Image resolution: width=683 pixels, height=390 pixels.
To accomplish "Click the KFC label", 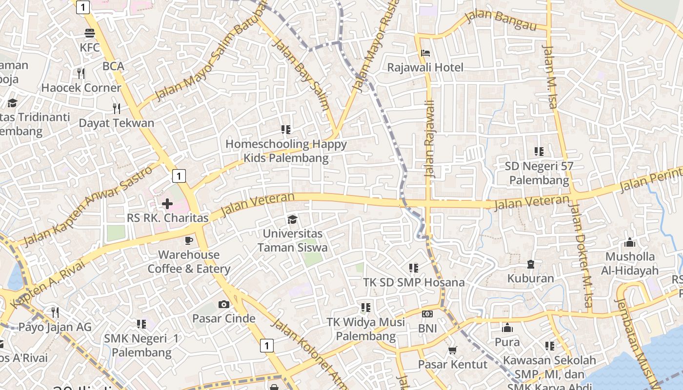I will [90, 47].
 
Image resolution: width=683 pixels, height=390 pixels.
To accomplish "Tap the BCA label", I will [113, 66].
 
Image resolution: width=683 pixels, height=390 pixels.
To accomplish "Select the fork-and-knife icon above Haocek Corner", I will [81, 74].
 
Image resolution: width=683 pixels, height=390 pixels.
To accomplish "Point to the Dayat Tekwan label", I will [117, 123].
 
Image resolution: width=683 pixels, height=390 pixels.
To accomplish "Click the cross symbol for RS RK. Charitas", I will [167, 203].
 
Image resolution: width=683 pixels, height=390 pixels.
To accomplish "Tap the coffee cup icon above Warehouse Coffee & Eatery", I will [189, 240].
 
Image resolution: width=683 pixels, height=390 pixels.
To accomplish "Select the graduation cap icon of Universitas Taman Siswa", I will [292, 219].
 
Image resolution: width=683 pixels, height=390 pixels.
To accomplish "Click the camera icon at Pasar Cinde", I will [224, 305].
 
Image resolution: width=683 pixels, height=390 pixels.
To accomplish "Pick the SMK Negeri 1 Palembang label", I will [141, 345].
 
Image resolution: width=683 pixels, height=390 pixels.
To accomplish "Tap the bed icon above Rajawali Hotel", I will [425, 53].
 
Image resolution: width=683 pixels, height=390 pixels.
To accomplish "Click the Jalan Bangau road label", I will [501, 20].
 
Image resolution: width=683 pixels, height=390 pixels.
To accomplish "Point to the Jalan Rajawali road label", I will [429, 139].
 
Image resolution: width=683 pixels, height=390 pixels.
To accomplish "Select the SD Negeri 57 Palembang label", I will [539, 173].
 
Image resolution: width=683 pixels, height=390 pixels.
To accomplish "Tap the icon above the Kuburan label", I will [531, 264].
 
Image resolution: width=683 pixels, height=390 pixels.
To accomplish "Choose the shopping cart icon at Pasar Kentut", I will [453, 350].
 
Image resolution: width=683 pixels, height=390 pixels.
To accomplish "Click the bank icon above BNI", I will [427, 314].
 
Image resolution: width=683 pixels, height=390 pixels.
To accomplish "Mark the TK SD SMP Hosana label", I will [414, 282].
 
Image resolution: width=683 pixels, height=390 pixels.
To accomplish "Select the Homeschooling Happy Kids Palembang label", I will [286, 151].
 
